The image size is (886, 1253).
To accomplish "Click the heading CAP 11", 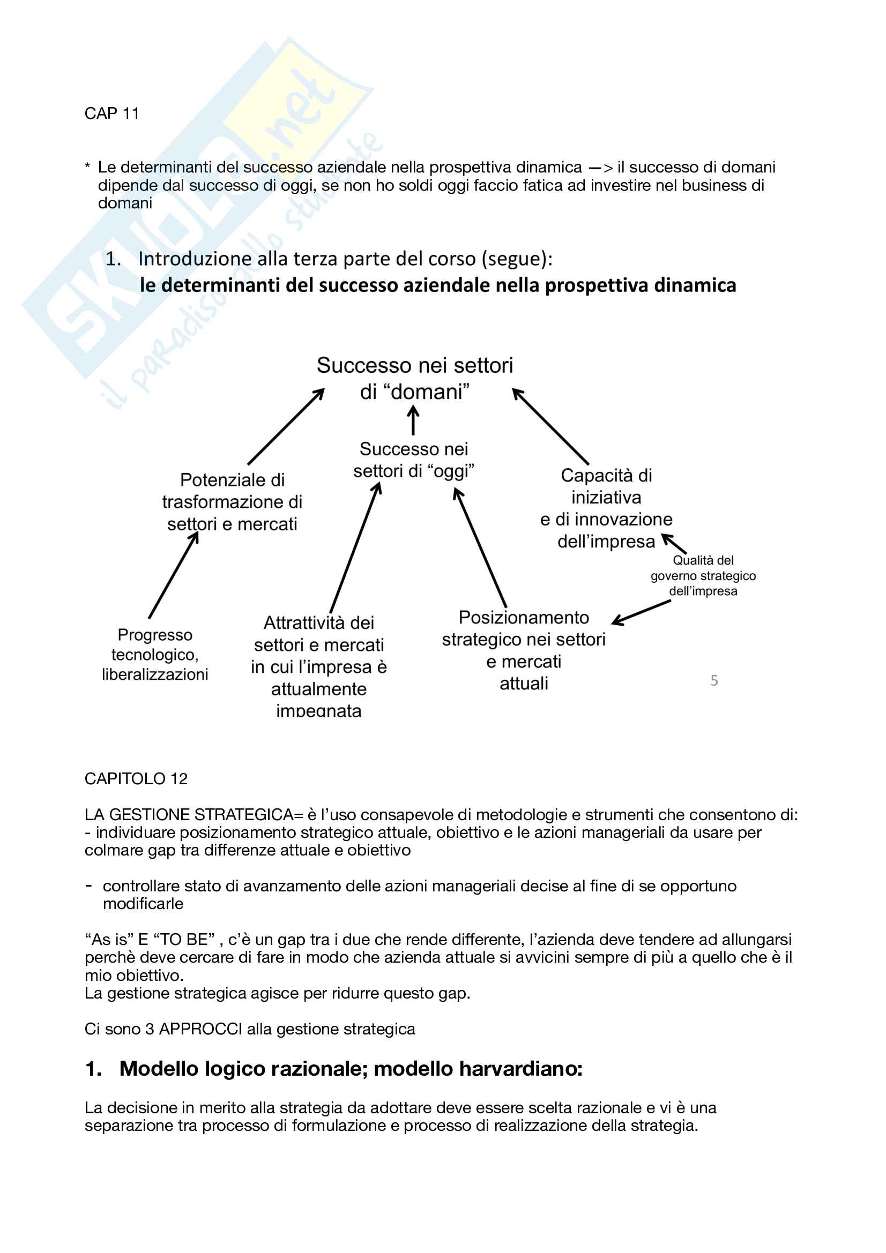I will click(112, 114).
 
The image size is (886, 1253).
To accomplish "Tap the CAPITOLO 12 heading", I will click(136, 778).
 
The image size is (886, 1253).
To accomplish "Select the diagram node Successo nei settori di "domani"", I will click(415, 378).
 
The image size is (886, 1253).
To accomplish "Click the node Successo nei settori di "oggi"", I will click(414, 460).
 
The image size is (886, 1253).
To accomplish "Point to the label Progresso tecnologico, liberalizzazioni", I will click(155, 654).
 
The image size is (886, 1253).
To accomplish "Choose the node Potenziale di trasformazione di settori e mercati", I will click(232, 501).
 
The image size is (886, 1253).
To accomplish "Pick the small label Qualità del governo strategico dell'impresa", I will click(703, 575).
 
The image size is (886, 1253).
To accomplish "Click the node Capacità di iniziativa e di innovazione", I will click(607, 508).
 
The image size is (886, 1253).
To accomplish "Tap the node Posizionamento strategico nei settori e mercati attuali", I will click(524, 650).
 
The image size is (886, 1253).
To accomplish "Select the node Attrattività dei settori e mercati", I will click(319, 666).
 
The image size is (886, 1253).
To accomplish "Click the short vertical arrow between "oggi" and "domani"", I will click(413, 422).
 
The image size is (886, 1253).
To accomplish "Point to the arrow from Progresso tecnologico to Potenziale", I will click(173, 575).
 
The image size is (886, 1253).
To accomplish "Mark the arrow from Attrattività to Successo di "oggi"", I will click(355, 548).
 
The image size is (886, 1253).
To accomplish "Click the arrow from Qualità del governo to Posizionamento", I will click(642, 612).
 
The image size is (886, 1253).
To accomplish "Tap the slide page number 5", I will click(714, 680).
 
